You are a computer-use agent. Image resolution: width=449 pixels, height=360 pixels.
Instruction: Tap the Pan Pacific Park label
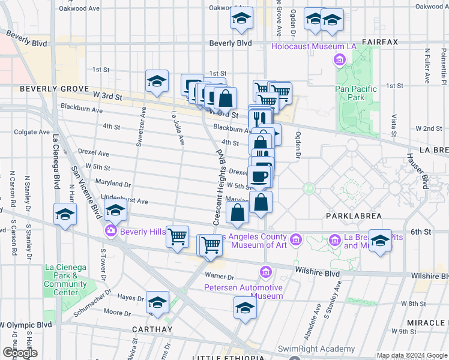tap(356, 93)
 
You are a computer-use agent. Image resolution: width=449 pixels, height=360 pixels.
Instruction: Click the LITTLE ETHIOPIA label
tap(228, 358)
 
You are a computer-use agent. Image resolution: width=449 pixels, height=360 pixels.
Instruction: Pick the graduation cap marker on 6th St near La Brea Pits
tap(379, 241)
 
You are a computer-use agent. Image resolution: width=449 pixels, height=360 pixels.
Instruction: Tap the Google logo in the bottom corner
tap(19, 353)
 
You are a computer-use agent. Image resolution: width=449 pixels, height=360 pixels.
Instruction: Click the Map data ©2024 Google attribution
tap(412, 355)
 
